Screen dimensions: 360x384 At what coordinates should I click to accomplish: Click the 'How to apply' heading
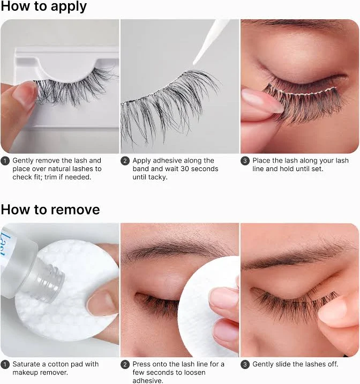[x=44, y=6]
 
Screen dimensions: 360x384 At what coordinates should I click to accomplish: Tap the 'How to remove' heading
[x=50, y=210]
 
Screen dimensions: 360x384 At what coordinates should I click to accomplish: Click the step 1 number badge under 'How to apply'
[x=5, y=161]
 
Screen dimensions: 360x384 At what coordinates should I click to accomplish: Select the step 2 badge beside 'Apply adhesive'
[x=125, y=161]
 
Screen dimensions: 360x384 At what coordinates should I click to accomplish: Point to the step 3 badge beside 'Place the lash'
[x=245, y=161]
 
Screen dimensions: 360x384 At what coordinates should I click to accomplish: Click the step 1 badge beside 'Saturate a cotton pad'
[x=5, y=364]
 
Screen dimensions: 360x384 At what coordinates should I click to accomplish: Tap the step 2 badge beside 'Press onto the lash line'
[x=125, y=364]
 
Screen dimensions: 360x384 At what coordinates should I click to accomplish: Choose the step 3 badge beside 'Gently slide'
[x=245, y=364]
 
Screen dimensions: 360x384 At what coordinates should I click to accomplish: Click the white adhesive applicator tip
[x=195, y=62]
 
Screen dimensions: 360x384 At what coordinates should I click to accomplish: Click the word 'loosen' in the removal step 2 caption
[x=194, y=373]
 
